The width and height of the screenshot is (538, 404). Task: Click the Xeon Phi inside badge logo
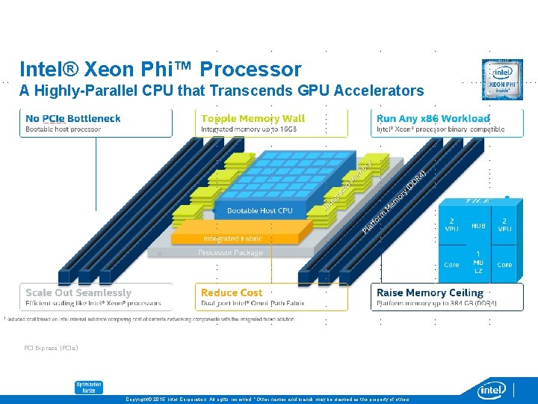(x=501, y=79)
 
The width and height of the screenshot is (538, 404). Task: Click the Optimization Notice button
(x=88, y=388)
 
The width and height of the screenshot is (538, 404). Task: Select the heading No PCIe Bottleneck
(x=72, y=118)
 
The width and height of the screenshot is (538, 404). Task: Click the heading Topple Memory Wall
(x=253, y=118)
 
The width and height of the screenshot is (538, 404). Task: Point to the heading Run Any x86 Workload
(x=433, y=118)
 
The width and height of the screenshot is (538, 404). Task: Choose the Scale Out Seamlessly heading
(x=78, y=293)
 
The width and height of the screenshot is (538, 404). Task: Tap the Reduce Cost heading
(x=232, y=293)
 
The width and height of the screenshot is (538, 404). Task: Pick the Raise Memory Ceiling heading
(x=430, y=293)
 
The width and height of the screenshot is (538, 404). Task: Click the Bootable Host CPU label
(x=259, y=211)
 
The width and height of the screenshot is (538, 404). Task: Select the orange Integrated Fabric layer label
(x=232, y=239)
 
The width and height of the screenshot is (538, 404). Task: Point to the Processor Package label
(x=230, y=253)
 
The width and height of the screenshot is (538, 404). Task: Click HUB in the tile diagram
(x=478, y=224)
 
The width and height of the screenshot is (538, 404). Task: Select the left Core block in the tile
(x=452, y=265)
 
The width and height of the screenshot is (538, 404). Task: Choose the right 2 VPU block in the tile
(x=505, y=224)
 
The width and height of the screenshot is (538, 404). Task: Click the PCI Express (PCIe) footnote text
(x=51, y=348)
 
